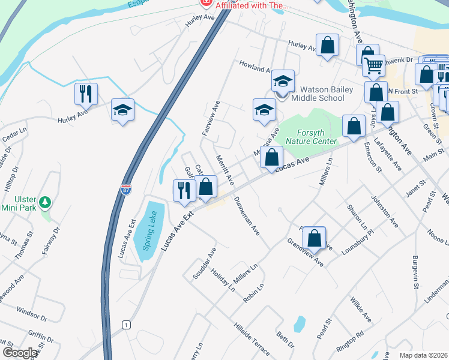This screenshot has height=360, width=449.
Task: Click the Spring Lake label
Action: pos(149,230)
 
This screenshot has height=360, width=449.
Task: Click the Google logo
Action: pos(20,353)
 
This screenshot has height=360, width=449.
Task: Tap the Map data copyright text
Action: pos(424,355)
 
